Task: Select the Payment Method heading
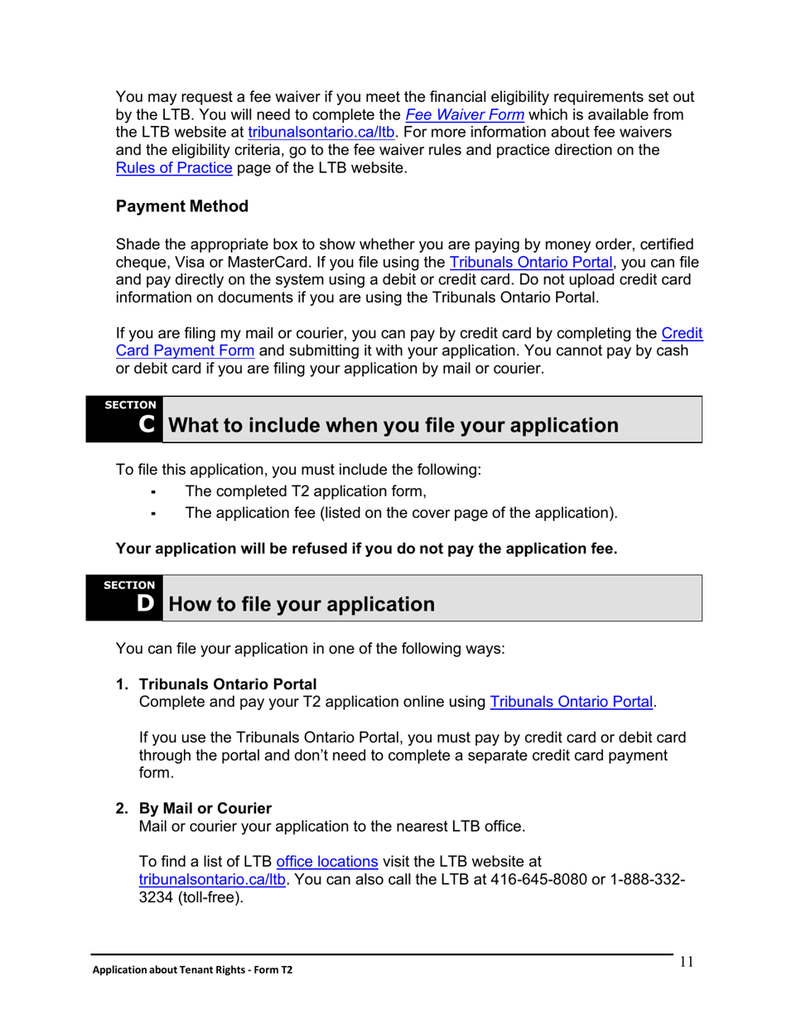pos(182,206)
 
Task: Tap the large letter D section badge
pos(146,603)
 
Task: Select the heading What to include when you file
pos(393,426)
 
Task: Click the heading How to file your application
pos(302,604)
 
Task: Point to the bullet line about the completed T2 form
pos(306,490)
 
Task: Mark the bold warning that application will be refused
pos(366,548)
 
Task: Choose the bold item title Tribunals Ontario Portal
pos(228,684)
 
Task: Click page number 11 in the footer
pos(685,962)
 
